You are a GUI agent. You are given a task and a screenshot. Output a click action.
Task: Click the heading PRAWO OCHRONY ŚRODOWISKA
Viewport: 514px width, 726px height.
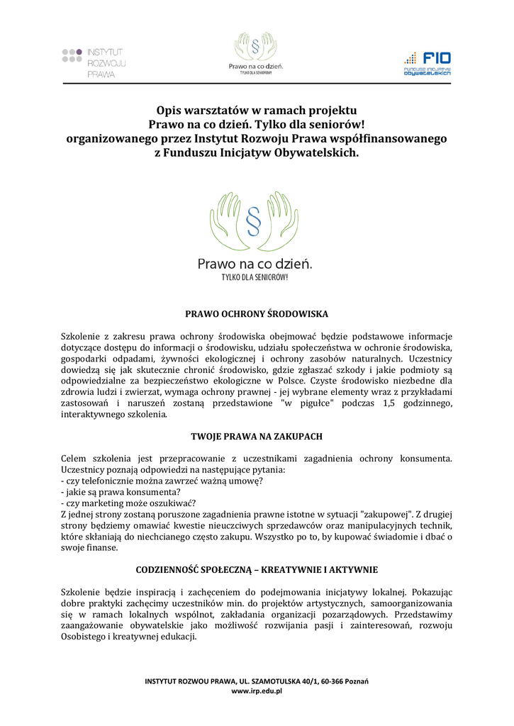(257, 313)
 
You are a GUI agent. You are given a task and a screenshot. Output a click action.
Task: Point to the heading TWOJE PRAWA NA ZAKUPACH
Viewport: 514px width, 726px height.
(257, 435)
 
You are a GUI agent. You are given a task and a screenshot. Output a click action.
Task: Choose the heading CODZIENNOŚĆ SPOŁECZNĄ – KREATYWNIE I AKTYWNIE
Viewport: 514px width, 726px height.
(257, 569)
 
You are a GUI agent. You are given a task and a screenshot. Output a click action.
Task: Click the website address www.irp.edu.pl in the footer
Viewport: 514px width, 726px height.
(257, 691)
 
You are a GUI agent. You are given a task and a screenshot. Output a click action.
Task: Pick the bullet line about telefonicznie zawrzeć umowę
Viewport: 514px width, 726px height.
(162, 481)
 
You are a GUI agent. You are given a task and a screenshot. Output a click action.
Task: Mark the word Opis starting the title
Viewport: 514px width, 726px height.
(169, 111)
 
